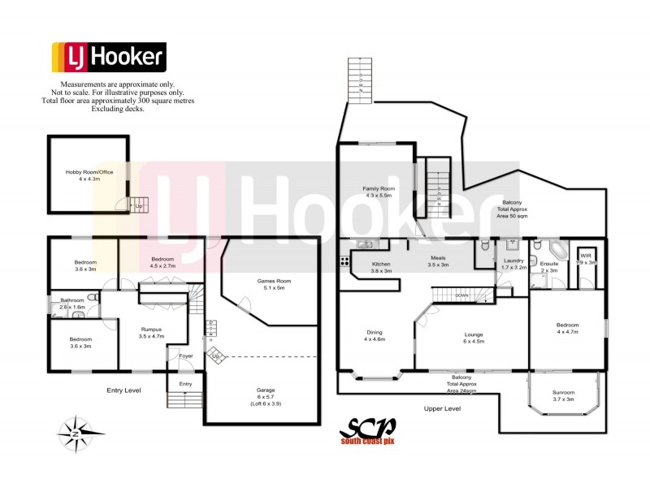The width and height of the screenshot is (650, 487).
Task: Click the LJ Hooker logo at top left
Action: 110,58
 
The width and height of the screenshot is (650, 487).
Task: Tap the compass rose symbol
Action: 76,430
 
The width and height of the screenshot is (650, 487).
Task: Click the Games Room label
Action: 271,284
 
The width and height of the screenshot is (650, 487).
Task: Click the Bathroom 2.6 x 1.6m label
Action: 67,304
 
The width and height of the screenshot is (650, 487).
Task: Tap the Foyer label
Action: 185,356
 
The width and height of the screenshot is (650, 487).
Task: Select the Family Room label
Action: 379,192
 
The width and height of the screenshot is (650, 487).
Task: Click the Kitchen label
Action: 382,268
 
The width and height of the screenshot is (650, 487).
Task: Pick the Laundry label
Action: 514,264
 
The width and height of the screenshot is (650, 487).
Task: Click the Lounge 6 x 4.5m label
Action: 473,338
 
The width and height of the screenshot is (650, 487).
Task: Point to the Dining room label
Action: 375,335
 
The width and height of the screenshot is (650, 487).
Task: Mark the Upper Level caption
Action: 442,408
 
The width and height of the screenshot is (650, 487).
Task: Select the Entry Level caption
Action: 124,390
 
